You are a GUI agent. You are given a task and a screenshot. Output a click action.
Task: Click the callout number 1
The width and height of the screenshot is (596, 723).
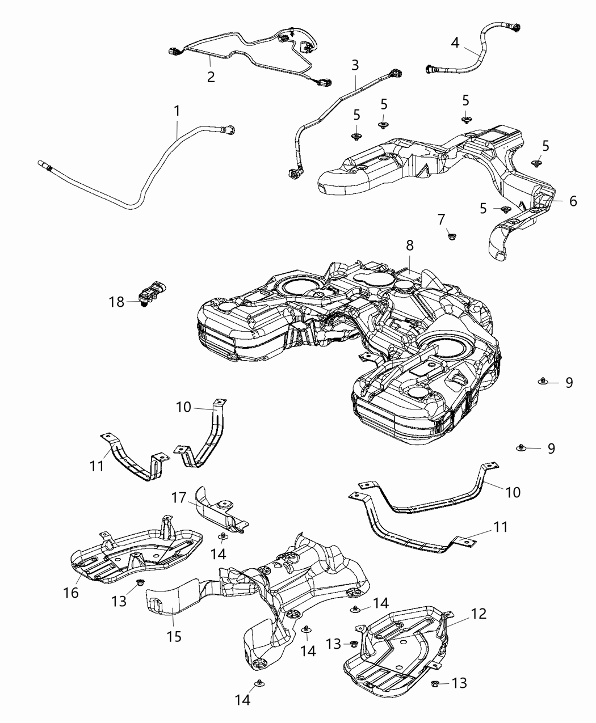click(177, 110)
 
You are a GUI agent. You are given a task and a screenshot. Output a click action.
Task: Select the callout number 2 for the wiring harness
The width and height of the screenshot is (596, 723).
click(211, 77)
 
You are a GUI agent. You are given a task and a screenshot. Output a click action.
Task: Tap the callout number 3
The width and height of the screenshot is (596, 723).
click(355, 65)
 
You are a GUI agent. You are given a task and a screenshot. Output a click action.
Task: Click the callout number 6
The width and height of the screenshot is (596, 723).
click(573, 201)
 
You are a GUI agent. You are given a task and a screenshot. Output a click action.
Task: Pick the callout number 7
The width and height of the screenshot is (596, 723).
click(442, 218)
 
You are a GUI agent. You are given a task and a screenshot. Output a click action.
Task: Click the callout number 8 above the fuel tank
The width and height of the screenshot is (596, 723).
click(410, 246)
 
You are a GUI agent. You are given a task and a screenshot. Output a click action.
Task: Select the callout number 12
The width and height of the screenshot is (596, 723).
click(479, 614)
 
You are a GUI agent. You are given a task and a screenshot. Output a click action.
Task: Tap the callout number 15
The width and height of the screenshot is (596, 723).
click(174, 636)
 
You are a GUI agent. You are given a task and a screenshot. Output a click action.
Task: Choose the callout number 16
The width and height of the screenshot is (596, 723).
click(72, 593)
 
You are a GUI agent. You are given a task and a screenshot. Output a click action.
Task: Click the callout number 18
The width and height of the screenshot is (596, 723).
click(116, 302)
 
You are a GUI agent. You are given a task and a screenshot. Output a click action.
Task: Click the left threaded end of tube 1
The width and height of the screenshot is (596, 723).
click(46, 166)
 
